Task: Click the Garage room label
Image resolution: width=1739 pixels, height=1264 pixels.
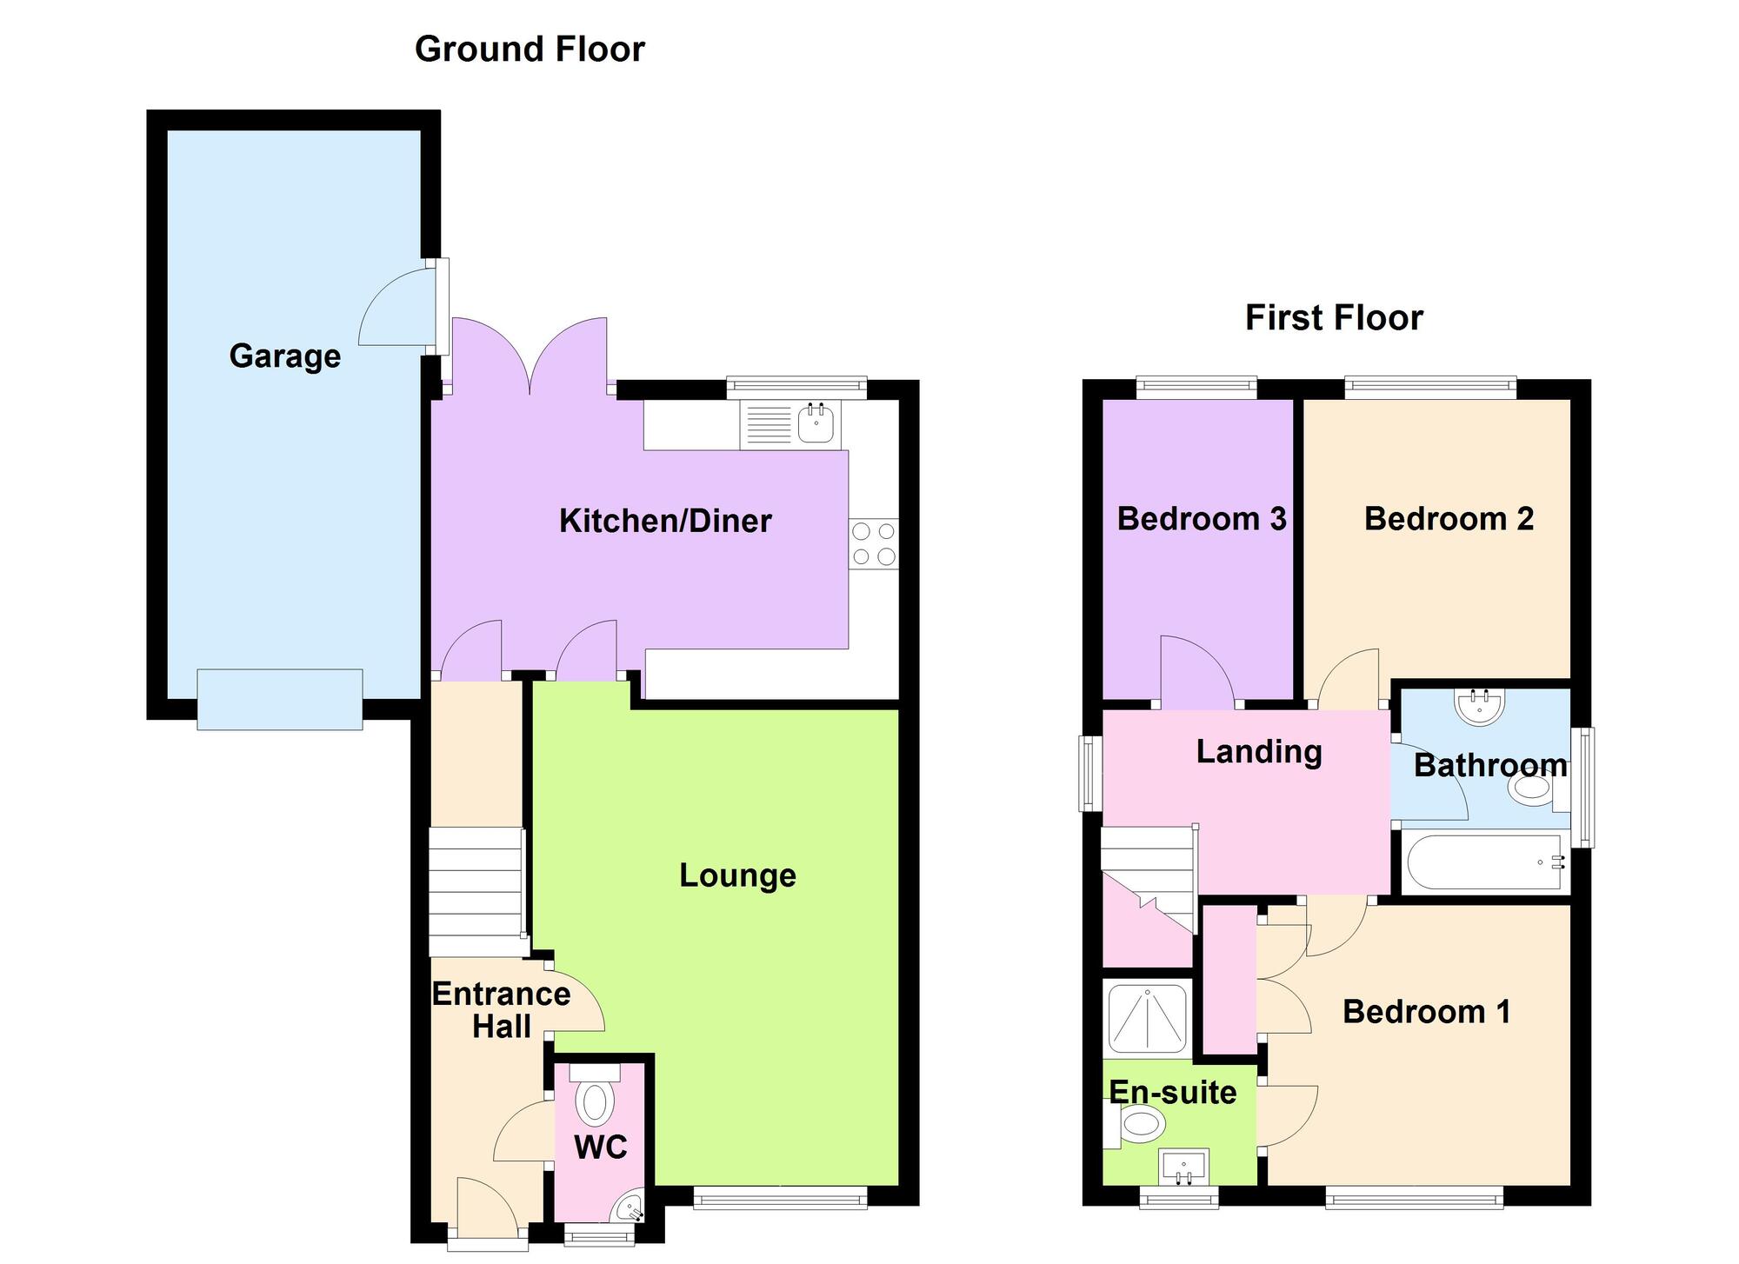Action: [284, 356]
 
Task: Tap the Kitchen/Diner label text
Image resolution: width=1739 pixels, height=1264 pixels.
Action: [665, 521]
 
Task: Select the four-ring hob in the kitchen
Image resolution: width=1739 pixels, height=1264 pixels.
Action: [874, 544]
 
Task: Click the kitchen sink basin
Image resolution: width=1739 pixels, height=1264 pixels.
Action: [816, 424]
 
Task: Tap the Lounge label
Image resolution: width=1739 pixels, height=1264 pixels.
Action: [737, 875]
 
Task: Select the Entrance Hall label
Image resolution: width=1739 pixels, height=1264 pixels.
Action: [501, 1009]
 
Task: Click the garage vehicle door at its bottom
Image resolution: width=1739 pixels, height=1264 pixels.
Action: [279, 699]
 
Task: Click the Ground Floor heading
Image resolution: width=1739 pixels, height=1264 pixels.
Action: [530, 49]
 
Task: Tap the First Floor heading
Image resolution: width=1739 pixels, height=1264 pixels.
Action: [1334, 317]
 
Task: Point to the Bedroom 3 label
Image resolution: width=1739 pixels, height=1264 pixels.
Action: [1201, 518]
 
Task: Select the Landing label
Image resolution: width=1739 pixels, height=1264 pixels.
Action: [1258, 751]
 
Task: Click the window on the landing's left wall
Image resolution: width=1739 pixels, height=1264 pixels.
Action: [1088, 773]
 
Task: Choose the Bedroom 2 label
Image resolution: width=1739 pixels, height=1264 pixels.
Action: [1449, 518]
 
